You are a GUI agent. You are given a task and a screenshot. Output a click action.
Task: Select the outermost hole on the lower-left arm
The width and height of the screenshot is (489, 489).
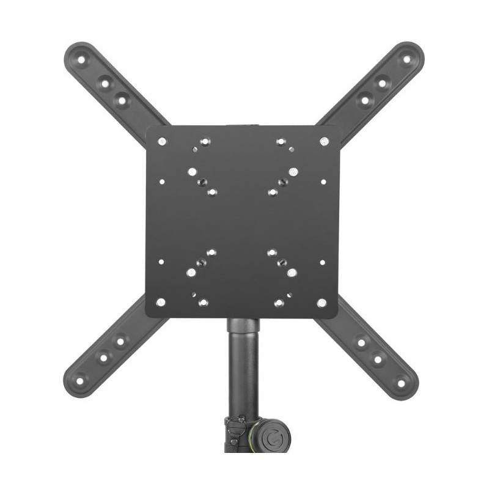(79, 380)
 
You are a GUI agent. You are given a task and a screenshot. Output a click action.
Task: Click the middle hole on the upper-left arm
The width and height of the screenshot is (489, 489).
(105, 81)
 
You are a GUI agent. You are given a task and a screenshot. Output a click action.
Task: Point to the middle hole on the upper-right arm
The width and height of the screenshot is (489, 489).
(382, 82)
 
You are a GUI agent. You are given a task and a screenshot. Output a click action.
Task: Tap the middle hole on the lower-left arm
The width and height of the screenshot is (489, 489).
(103, 357)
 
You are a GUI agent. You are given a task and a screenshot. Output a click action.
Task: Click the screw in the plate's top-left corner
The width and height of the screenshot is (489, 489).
(161, 141)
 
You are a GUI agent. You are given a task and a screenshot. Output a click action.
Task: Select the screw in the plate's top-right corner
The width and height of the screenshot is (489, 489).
(324, 141)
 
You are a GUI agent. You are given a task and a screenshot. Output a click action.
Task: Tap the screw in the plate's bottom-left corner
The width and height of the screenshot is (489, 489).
(160, 302)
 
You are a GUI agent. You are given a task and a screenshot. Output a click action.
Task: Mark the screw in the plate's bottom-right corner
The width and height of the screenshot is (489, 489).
(322, 302)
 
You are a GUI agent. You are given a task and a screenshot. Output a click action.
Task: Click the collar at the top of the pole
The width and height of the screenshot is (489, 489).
(243, 325)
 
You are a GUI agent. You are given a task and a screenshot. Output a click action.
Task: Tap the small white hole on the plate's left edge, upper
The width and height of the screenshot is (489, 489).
(161, 181)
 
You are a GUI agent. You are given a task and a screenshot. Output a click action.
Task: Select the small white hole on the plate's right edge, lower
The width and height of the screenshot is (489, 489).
(323, 262)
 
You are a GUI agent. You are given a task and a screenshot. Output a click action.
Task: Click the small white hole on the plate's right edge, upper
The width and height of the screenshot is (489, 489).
(323, 181)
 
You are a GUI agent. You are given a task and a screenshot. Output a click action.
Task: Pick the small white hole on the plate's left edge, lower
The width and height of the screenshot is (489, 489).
(161, 262)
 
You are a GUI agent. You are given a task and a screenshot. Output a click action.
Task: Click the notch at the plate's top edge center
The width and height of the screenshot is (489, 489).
(243, 127)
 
